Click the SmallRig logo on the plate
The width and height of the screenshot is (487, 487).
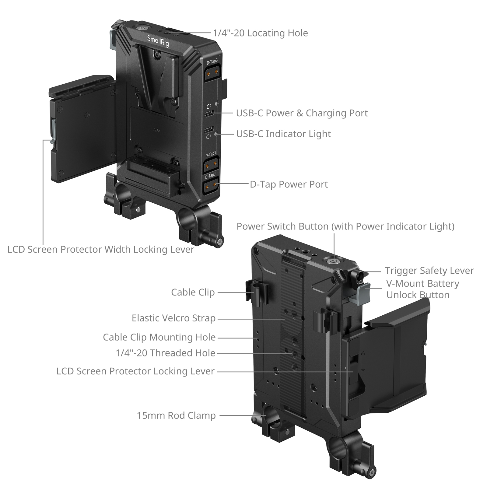[x=158, y=41]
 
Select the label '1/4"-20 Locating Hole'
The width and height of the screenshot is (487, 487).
[x=261, y=33]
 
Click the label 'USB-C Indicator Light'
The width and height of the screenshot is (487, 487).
[x=284, y=134]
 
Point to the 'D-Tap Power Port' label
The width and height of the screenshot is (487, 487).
[x=289, y=184]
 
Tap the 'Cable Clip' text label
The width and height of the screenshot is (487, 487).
[x=193, y=292]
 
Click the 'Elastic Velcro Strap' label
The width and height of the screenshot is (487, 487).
[x=173, y=318]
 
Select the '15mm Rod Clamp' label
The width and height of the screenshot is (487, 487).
[x=176, y=415]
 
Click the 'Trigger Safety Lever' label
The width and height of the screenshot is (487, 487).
[x=429, y=271]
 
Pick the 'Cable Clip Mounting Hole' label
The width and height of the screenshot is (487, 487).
[x=159, y=337]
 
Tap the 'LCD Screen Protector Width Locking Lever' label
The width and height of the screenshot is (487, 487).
[x=101, y=250]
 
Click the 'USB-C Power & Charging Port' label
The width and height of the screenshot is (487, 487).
[x=302, y=113]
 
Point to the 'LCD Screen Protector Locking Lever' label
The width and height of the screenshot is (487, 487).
[x=135, y=371]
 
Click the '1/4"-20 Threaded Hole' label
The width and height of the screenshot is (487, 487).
[x=166, y=353]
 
